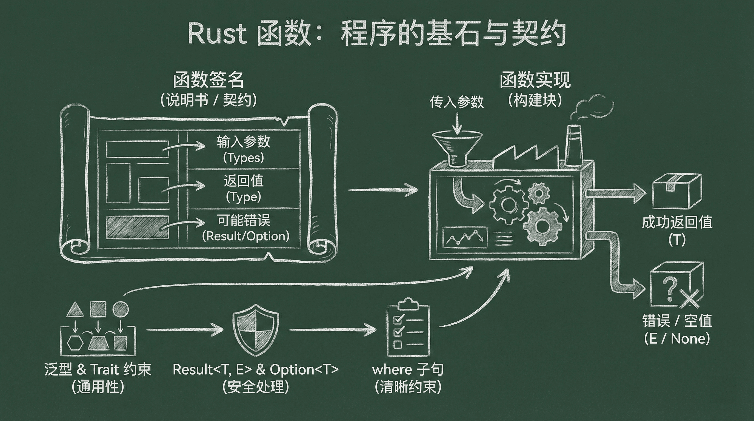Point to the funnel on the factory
point(457,146)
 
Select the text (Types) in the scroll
point(243,158)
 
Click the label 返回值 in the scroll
point(244,181)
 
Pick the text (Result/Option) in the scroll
point(245,236)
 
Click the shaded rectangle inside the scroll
point(138,227)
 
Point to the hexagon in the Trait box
point(75,343)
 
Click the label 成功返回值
point(677,223)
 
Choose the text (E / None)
point(677,339)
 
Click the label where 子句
point(408,369)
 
